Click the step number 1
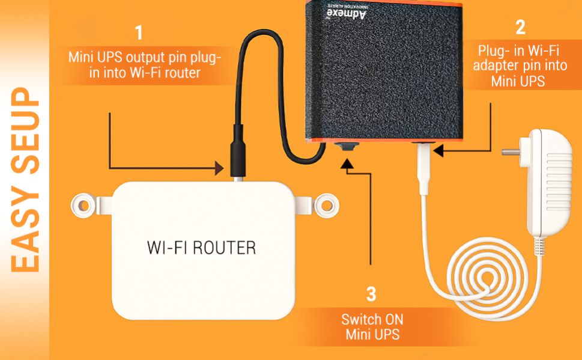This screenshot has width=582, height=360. [139, 32]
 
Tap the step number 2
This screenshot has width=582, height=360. [520, 27]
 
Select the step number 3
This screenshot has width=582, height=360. [372, 294]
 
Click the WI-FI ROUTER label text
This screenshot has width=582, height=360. [201, 247]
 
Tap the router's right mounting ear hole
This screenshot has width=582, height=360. [327, 204]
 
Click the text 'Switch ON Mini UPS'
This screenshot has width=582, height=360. [372, 326]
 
